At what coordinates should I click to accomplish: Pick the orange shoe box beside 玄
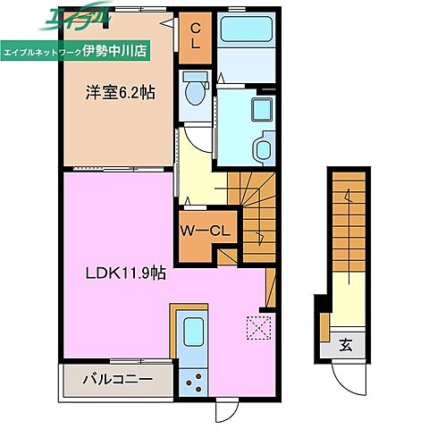pos(324,327)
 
